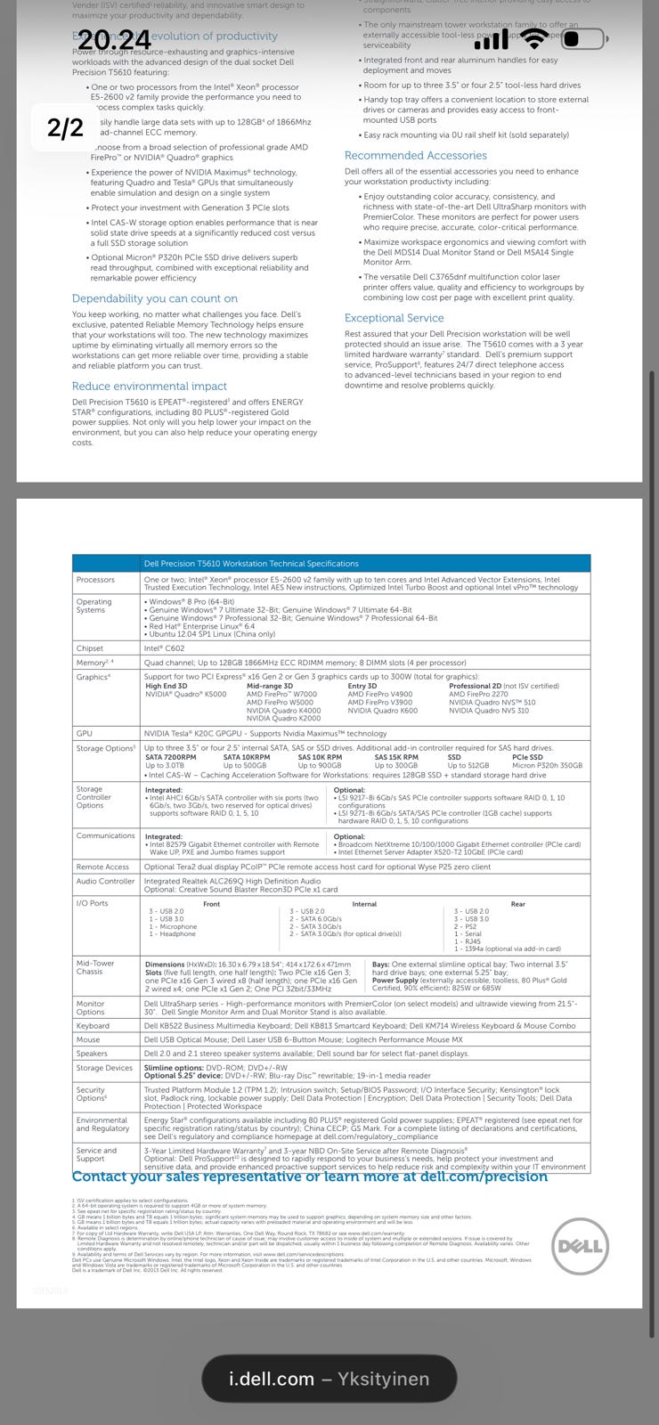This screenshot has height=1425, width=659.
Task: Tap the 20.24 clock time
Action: pos(114,40)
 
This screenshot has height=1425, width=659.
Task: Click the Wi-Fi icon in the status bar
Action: pos(534,39)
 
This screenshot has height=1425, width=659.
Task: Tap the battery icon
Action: pos(584,39)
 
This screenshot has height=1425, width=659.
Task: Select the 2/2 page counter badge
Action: pos(65,128)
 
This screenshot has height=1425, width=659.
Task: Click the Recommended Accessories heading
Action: pos(415,155)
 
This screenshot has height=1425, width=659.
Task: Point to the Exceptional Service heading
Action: pos(394,318)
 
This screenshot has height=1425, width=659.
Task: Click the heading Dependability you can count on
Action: pos(155,298)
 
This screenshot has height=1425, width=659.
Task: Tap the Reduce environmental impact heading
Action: pos(150,387)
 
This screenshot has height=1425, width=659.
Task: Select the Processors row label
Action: pos(95,580)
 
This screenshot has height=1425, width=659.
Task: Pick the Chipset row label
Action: pos(90,648)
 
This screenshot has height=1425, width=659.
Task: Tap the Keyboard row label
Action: pos(93,1025)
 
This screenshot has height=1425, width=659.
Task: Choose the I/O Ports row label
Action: pos(92,903)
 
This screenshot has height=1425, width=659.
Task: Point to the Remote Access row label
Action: pos(102,867)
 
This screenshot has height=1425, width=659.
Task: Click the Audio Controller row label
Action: pos(105,881)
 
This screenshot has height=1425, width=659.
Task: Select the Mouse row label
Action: pos(88,1039)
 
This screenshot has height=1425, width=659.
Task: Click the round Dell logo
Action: pos(579,1246)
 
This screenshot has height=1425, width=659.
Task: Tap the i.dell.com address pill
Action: pos(329,1379)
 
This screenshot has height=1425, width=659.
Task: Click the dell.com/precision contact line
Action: pos(310,1177)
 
